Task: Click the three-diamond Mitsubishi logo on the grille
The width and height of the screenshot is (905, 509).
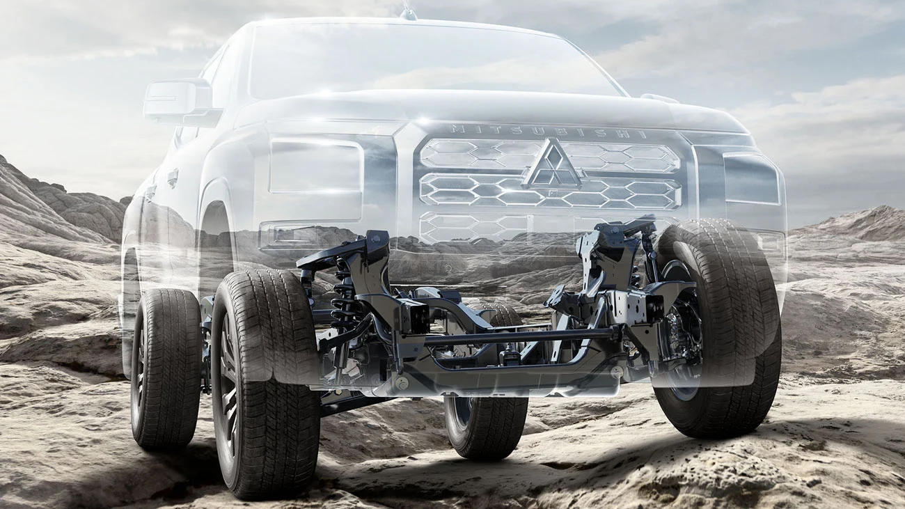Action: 552,165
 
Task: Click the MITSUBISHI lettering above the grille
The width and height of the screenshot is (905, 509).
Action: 548,132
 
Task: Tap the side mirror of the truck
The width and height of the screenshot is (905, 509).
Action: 180,102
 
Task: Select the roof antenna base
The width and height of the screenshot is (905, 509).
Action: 408,15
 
